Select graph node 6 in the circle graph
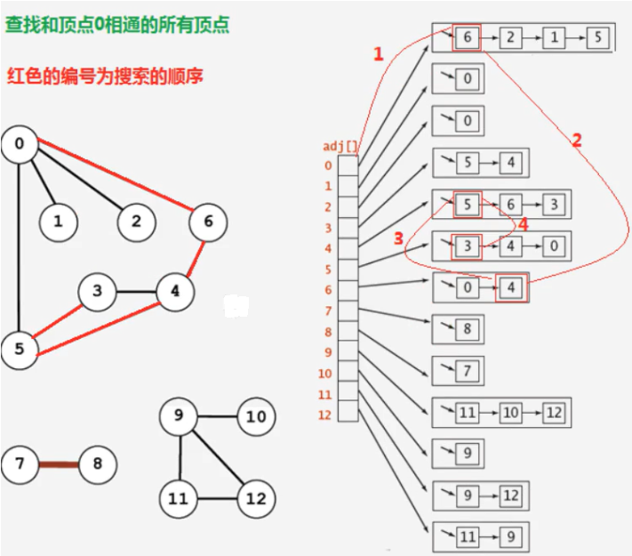click(208, 221)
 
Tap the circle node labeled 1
click(58, 222)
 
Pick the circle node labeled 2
click(136, 221)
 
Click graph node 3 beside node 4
click(97, 291)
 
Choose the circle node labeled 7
click(20, 463)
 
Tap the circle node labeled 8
click(97, 463)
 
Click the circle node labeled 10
click(256, 416)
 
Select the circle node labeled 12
click(256, 498)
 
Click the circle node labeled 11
click(179, 498)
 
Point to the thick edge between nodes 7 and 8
click(59, 463)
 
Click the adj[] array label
click(340, 146)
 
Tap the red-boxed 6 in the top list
click(467, 38)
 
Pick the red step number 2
click(577, 141)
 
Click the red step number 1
click(379, 54)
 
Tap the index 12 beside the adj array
click(325, 415)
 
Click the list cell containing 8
click(467, 330)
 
